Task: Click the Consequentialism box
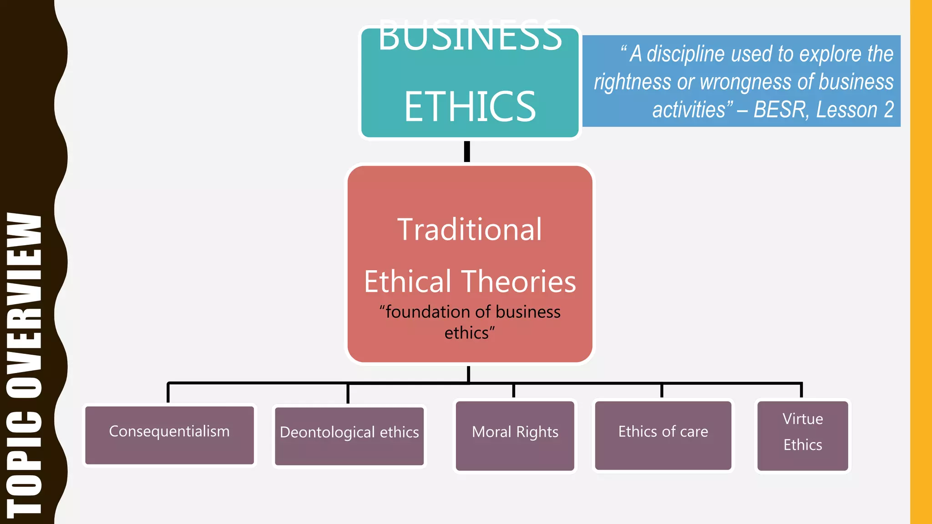click(169, 435)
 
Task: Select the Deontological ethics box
click(349, 436)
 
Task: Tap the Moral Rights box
click(515, 435)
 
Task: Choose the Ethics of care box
click(663, 435)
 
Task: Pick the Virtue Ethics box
click(802, 435)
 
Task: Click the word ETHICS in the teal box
click(470, 106)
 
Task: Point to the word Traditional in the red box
click(470, 229)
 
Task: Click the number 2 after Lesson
click(889, 110)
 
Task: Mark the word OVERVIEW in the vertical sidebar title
click(25, 305)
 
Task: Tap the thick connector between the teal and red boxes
click(467, 151)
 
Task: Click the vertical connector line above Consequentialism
click(168, 393)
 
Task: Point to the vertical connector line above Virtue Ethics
click(801, 390)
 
